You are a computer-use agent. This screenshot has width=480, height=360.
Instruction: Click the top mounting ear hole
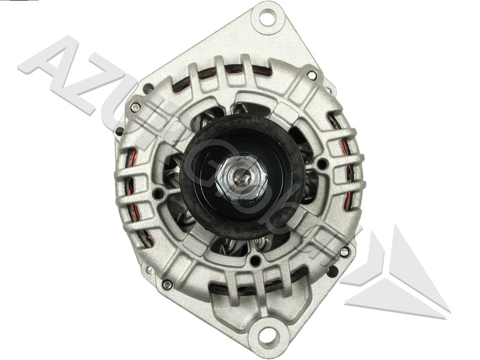[x=268, y=17]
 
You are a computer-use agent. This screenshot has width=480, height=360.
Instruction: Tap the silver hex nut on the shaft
[x=241, y=178]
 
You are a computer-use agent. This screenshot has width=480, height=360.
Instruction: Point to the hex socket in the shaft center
[x=241, y=176]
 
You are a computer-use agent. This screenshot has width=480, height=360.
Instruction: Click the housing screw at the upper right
[x=311, y=76]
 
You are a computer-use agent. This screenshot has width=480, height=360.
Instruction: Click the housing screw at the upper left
[x=136, y=107]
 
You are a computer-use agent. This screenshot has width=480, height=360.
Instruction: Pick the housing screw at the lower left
[x=167, y=284]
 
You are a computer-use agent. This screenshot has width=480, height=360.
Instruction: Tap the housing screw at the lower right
[x=344, y=252]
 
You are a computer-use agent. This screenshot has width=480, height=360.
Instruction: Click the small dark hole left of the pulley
[x=158, y=193]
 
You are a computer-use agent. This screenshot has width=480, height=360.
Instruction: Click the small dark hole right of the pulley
[x=322, y=163]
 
